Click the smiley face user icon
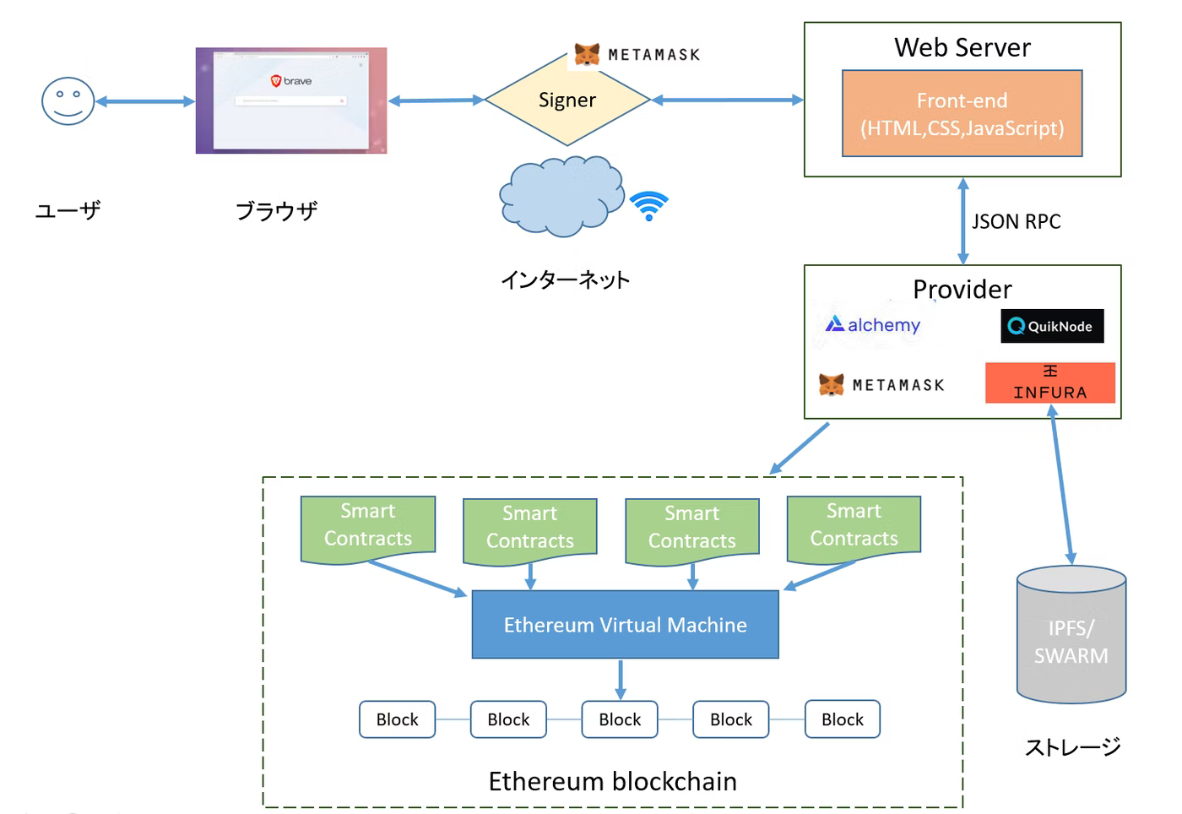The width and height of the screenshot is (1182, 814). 68,101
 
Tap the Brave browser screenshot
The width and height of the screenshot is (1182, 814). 291,100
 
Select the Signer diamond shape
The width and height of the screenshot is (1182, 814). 567,100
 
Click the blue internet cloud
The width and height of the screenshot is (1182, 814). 560,196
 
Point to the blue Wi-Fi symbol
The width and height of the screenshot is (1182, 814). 648,205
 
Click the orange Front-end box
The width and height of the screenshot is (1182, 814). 962,114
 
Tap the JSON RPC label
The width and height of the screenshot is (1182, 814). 1016,222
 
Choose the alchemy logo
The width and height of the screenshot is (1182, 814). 873,325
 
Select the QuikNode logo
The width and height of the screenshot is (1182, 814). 1052,327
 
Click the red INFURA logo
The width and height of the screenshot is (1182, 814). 1049,383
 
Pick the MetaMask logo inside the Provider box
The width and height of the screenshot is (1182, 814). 881,385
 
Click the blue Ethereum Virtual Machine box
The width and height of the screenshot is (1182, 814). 625,625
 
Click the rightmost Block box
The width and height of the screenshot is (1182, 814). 842,719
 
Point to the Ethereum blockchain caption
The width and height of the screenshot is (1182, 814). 612,782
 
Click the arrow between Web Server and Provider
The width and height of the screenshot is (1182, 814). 962,221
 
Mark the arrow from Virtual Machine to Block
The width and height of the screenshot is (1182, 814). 621,680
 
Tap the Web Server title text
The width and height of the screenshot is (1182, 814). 962,48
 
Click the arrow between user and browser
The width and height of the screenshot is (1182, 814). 144,102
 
